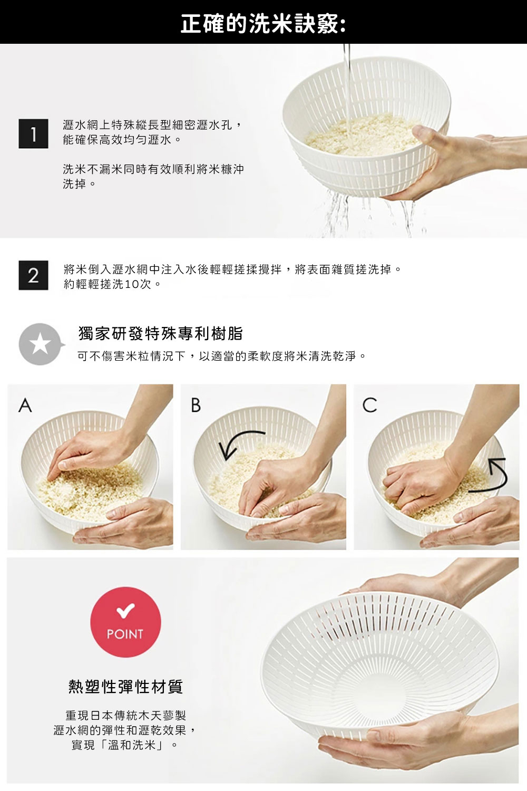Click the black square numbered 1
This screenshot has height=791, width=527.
click(x=34, y=133)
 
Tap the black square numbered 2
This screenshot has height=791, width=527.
click(x=34, y=275)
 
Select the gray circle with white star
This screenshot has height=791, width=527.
click(x=41, y=344)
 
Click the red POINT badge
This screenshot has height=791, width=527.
click(x=125, y=622)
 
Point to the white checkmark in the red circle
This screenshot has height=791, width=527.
click(x=125, y=611)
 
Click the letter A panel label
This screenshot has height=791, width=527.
click(x=25, y=405)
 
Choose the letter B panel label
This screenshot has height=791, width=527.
click(x=196, y=405)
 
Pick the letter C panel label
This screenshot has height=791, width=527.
click(x=369, y=405)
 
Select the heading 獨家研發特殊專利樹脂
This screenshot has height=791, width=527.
click(x=161, y=333)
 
